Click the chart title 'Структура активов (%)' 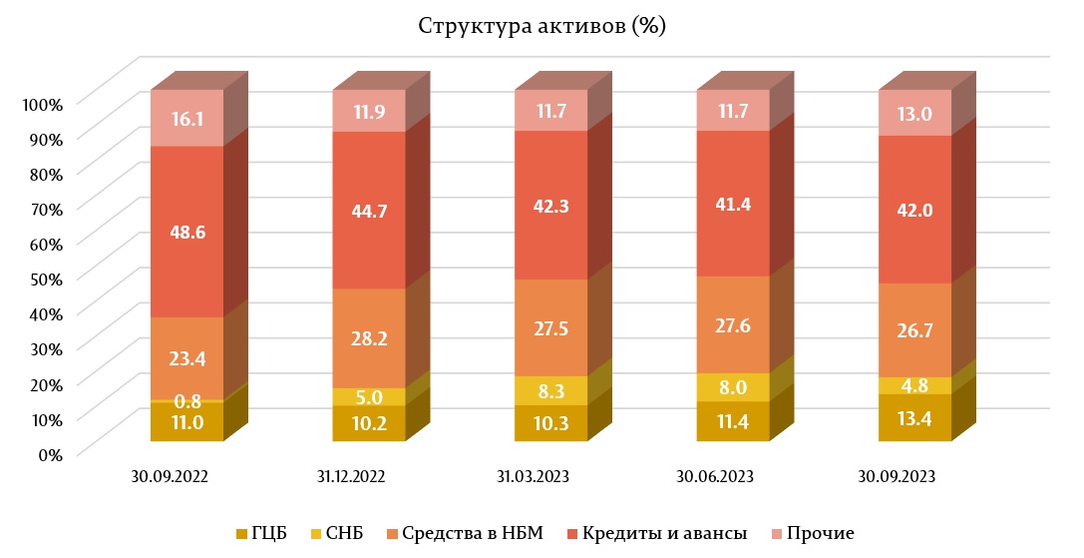542,26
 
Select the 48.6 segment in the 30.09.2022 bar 186,232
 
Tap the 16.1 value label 186,119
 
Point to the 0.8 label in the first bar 186,401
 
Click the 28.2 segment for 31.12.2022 369,338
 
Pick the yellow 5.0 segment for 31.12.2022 369,396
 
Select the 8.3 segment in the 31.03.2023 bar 550,390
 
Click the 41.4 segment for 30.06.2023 733,203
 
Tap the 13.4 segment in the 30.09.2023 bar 914,417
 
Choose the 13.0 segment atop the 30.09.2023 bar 914,113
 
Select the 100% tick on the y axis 44,104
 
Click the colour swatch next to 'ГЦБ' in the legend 242,534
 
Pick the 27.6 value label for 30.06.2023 733,325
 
